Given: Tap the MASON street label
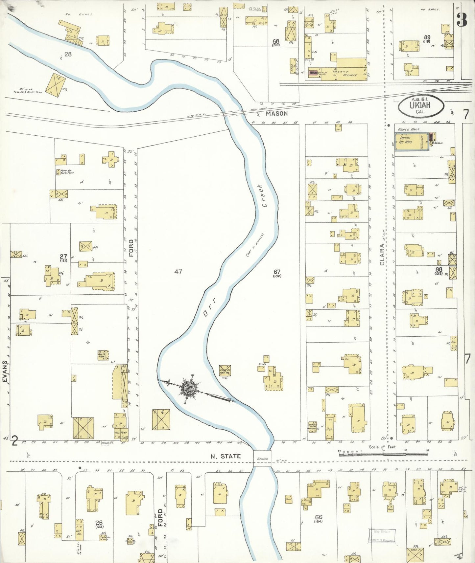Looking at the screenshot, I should [x=276, y=113].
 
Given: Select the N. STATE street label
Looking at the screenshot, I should [x=226, y=456].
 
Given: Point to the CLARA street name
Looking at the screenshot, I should [x=382, y=255].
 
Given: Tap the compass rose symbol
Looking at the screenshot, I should [x=189, y=388].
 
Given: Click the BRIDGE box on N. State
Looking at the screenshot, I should [x=262, y=458].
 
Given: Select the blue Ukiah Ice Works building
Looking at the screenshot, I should [x=411, y=142].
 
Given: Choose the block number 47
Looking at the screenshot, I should [x=178, y=271].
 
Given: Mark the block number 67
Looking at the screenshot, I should [x=277, y=272].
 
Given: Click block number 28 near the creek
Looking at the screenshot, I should [x=68, y=54].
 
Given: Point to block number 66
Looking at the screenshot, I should [x=318, y=517].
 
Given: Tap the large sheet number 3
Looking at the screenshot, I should [x=462, y=20].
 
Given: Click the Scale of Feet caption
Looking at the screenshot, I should [x=383, y=447].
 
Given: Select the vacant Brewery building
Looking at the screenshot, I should [x=351, y=67].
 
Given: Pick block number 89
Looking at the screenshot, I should [x=427, y=37].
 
